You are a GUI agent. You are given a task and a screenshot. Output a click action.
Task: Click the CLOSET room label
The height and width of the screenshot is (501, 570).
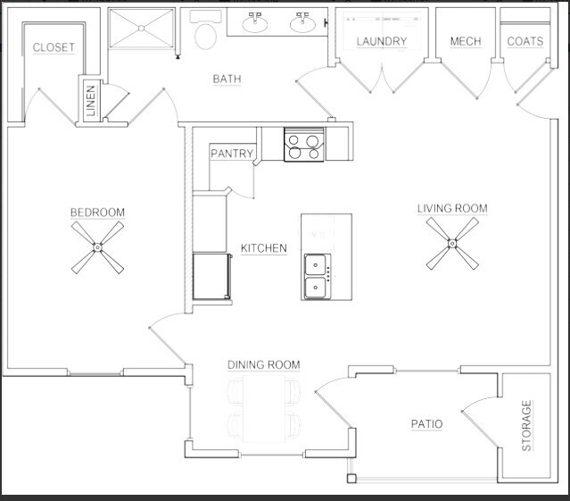54,47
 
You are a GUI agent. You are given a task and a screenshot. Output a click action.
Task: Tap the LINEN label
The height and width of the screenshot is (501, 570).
91,101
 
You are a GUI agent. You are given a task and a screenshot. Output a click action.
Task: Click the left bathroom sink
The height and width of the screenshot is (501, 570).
255,22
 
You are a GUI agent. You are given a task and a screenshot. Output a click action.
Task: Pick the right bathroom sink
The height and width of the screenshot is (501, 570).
302,22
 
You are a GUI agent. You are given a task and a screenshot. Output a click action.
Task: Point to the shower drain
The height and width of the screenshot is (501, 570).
142,28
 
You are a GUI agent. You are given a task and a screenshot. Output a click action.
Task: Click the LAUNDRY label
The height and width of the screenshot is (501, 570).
381,41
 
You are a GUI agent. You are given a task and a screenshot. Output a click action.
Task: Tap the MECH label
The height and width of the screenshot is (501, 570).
466,41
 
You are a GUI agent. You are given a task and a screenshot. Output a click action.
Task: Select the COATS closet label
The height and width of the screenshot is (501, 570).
525,41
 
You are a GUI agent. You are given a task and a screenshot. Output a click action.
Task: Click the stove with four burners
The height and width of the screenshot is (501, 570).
304,144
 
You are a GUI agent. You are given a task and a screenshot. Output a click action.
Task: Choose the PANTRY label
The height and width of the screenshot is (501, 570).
232,154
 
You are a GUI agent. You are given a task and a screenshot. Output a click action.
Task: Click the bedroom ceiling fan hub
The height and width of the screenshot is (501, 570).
97,247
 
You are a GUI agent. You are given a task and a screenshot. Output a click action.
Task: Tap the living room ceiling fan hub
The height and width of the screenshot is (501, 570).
452,244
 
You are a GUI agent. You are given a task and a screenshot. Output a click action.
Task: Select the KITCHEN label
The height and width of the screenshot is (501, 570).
263,248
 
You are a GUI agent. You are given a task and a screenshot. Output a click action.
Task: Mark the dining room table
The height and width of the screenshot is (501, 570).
264,408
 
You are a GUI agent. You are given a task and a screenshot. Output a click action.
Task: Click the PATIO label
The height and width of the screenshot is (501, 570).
426,424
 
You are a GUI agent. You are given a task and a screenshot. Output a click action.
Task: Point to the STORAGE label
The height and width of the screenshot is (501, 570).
526,425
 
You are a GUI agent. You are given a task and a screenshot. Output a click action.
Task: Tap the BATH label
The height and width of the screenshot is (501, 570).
227,79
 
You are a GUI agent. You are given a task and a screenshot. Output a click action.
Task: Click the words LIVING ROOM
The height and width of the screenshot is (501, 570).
452,208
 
